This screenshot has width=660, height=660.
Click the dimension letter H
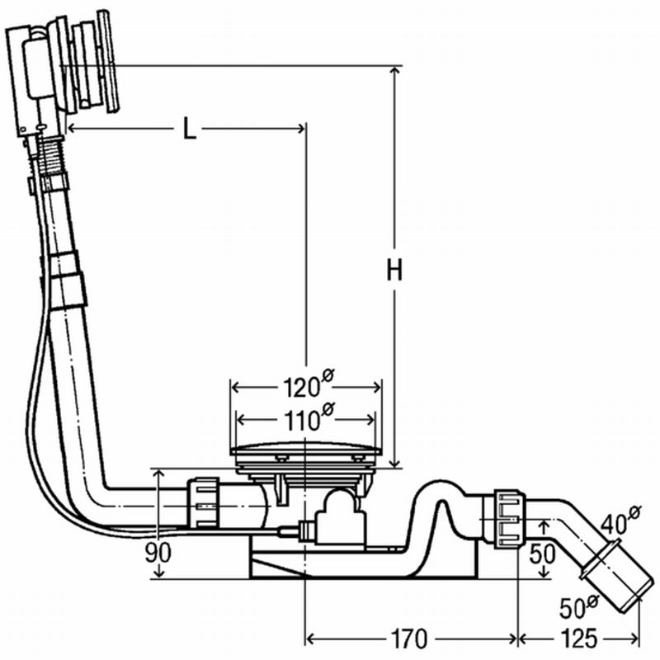(395, 271)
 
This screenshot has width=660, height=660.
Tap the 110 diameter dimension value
(304, 419)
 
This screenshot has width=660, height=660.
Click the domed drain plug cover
(305, 450)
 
